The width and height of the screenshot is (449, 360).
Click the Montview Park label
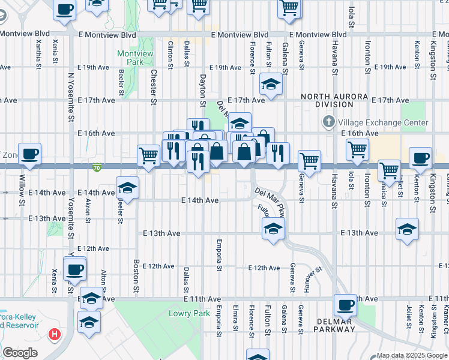(x=135, y=58)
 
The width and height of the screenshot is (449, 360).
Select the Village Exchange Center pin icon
(x=328, y=122)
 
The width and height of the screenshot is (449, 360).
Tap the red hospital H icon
(x=55, y=333)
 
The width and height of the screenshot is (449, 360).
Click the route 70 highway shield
(x=97, y=167)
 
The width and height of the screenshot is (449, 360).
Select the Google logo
(x=20, y=353)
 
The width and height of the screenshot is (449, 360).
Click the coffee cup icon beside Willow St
(x=29, y=154)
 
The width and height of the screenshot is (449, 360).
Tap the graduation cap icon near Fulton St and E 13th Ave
(x=273, y=229)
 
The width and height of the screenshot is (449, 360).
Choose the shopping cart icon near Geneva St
(x=309, y=161)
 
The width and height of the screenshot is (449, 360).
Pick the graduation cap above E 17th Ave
(x=271, y=84)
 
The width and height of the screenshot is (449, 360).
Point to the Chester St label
(x=154, y=86)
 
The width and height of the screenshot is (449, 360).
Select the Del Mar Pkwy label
(x=269, y=202)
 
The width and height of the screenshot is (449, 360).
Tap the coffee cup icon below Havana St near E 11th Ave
(x=346, y=305)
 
